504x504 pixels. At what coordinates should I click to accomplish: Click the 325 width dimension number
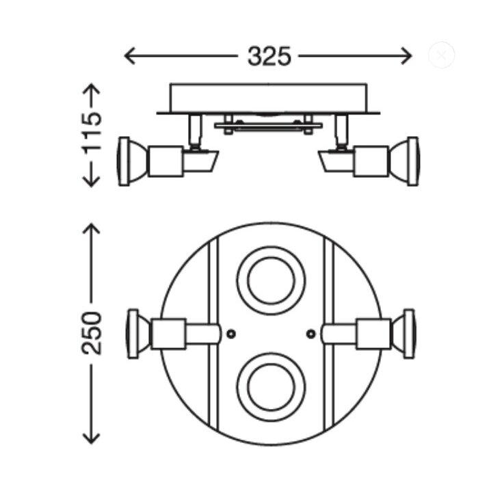coord(269,57)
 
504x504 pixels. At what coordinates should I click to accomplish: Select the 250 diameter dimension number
coord(92,333)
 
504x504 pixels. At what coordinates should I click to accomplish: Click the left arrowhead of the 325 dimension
coord(129,56)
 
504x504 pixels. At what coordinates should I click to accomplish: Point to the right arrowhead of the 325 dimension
coord(407,56)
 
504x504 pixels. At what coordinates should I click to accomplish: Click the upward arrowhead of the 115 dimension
coord(92,89)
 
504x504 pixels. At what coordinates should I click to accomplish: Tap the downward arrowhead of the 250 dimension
coord(92,438)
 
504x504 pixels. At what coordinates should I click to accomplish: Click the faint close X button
coord(441,55)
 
